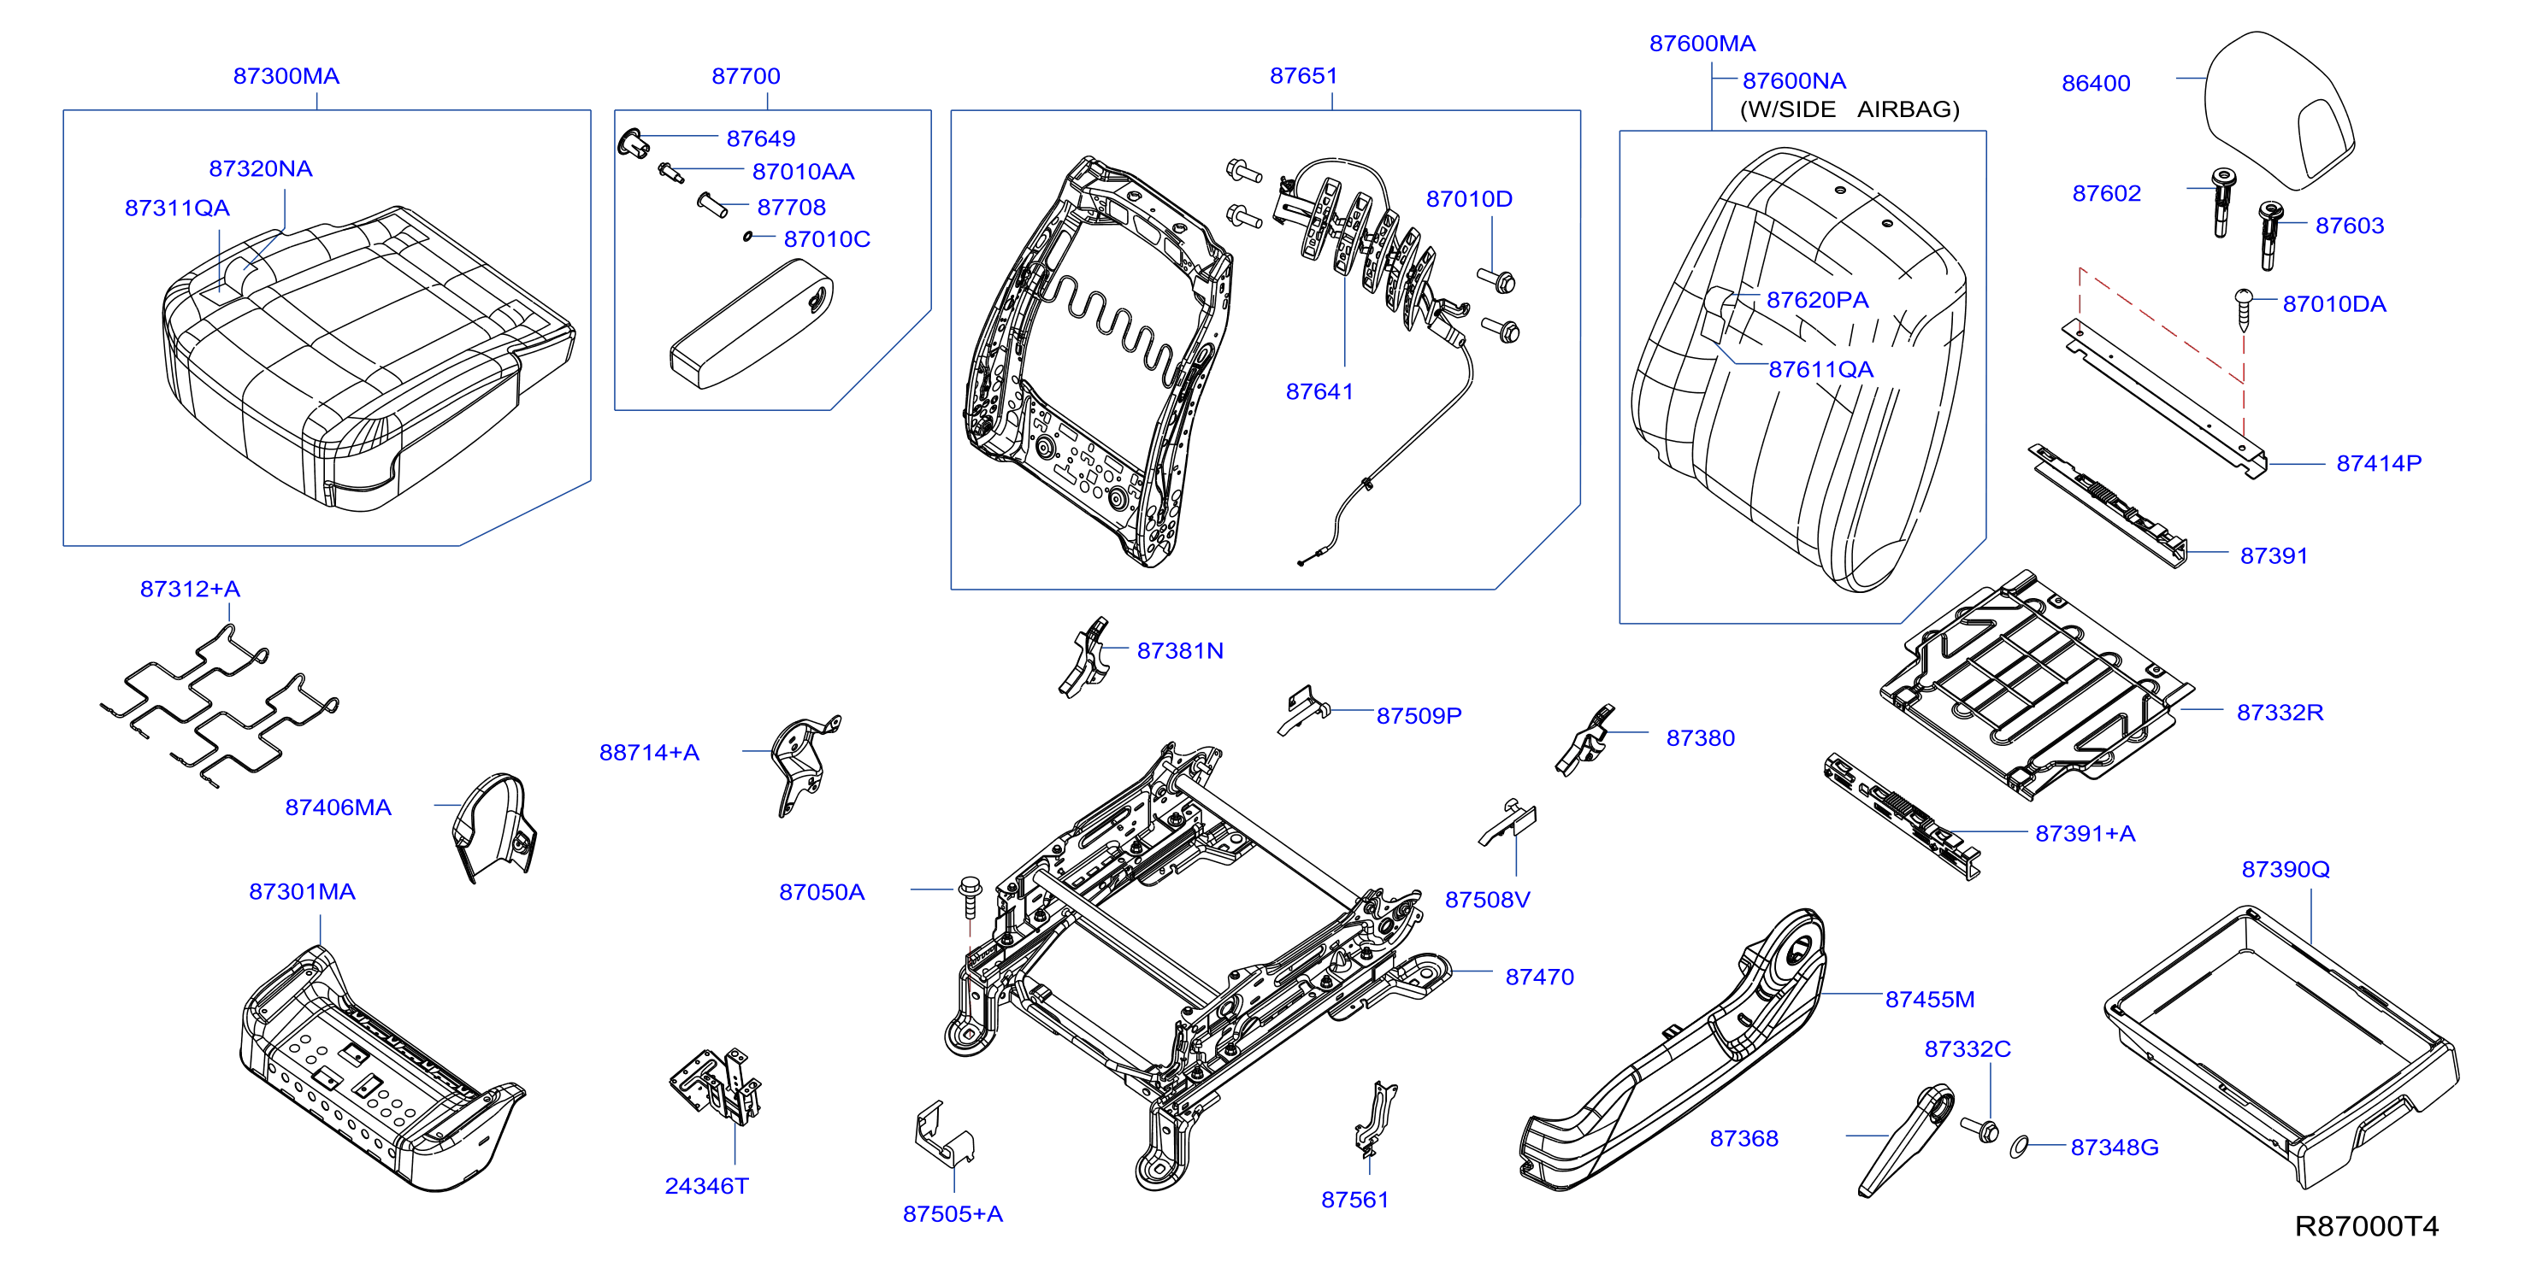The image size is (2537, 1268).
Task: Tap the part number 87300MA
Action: tap(286, 76)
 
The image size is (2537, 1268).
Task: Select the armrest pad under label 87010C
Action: tap(751, 324)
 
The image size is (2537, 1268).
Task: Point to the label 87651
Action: tap(1303, 76)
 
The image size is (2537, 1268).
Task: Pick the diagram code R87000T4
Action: tap(2366, 1225)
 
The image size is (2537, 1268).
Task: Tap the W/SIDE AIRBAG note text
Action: tap(1850, 109)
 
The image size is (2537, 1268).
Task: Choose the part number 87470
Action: tap(1539, 977)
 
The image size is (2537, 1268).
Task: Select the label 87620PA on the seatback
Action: tap(1817, 300)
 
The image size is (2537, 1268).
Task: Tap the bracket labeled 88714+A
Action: tap(805, 766)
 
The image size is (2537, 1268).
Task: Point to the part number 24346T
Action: tap(706, 1186)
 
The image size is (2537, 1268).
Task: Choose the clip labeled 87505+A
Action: tap(943, 1133)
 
